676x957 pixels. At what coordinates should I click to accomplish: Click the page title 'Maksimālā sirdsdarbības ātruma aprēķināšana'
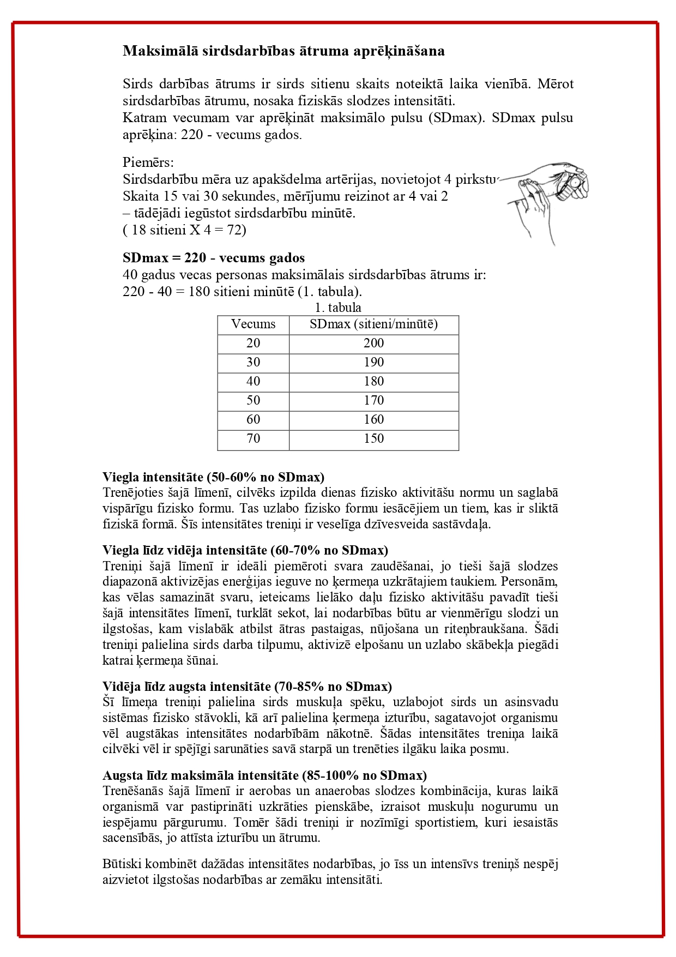pos(283,51)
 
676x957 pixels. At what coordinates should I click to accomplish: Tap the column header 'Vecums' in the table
pos(253,324)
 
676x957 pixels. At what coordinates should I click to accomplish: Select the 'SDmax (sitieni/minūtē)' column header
pos(373,324)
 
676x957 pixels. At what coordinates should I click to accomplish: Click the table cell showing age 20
pos(253,343)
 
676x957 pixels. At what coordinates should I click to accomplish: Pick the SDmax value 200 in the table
pos(373,343)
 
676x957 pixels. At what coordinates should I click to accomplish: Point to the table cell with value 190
pos(373,362)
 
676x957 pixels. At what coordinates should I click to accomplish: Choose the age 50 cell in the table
pos(253,400)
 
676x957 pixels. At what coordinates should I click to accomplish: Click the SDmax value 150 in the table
pos(373,438)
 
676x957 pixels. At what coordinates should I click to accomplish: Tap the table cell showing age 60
pos(253,419)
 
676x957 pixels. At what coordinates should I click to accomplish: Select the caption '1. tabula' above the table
pos(338,308)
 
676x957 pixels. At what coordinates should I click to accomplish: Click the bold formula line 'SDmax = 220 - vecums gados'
pos(214,257)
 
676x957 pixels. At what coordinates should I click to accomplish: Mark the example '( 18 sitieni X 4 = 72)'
pos(184,230)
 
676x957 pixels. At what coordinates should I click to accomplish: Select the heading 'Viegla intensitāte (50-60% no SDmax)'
pos(213,477)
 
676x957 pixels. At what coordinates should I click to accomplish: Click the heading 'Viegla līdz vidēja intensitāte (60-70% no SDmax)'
pos(245,550)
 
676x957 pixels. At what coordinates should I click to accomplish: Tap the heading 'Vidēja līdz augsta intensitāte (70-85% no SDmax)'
pos(247,686)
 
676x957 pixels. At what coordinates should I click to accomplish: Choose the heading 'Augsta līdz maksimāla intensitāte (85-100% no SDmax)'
pos(264,775)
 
